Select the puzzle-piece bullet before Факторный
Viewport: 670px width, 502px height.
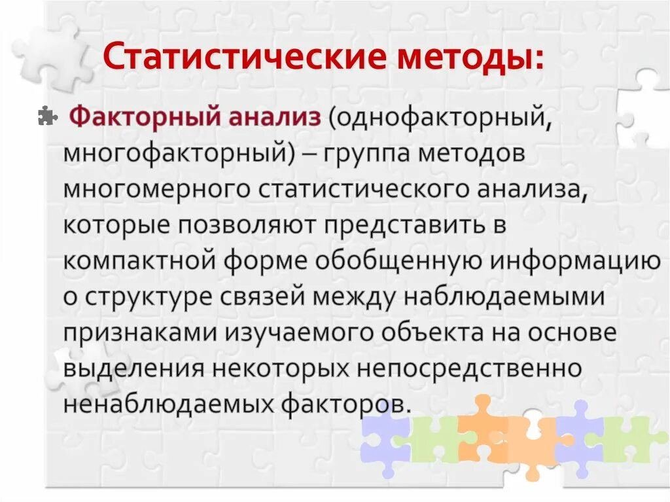pyautogui.click(x=48, y=116)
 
